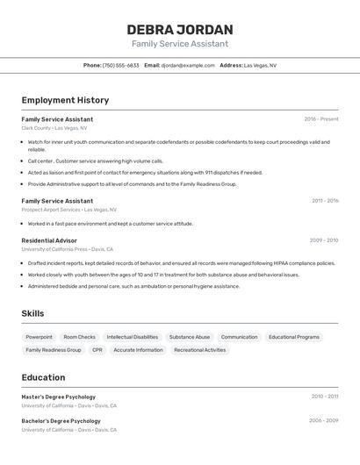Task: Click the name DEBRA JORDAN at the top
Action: pyautogui.click(x=179, y=29)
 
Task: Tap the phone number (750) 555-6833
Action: pyautogui.click(x=121, y=65)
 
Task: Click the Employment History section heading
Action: pyautogui.click(x=65, y=100)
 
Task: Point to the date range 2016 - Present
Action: pyautogui.click(x=320, y=119)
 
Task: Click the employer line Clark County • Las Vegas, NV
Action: pyautogui.click(x=54, y=128)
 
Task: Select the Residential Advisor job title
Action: pyautogui.click(x=49, y=240)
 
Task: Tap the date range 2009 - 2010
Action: pyautogui.click(x=323, y=240)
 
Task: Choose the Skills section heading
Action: pyautogui.click(x=32, y=313)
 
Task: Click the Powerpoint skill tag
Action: pyautogui.click(x=40, y=337)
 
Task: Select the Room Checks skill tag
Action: pyautogui.click(x=80, y=337)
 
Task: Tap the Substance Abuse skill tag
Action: pyautogui.click(x=190, y=337)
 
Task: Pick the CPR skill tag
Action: pyautogui.click(x=97, y=350)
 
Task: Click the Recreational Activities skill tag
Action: pyautogui.click(x=200, y=350)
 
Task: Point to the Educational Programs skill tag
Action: pyautogui.click(x=294, y=337)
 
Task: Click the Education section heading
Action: pyautogui.click(x=43, y=377)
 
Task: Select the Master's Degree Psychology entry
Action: pyautogui.click(x=58, y=397)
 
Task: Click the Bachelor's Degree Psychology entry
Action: pyautogui.click(x=61, y=420)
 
